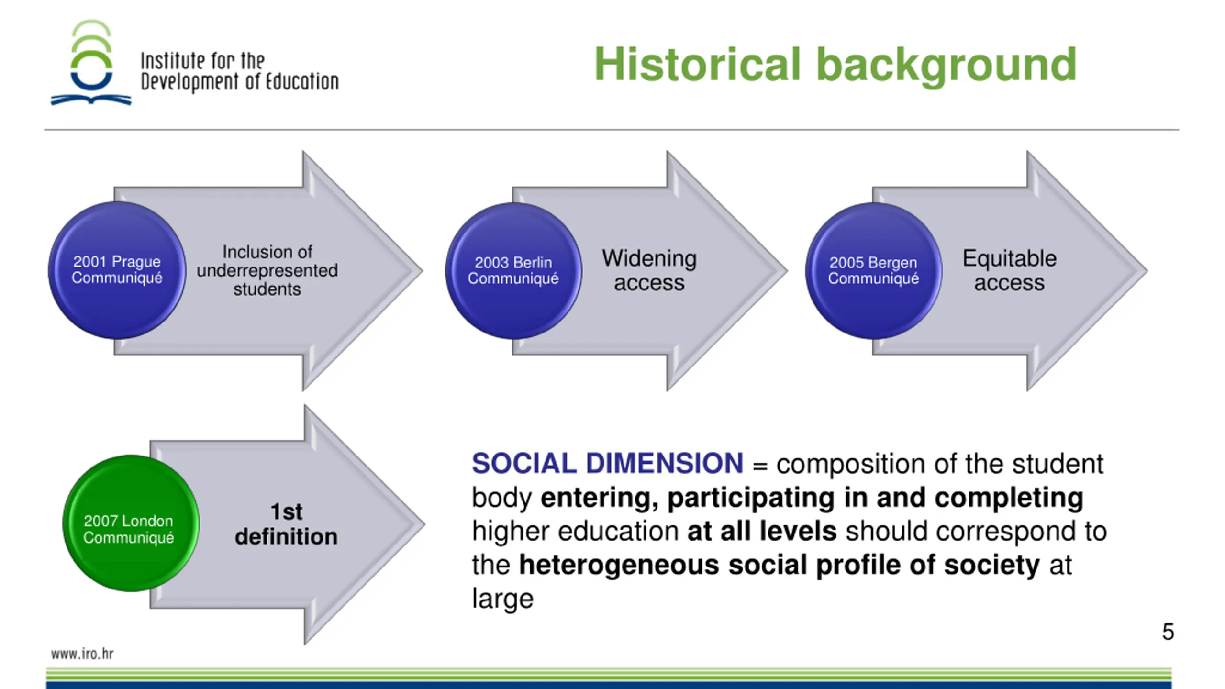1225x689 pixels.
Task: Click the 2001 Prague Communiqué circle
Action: click(117, 270)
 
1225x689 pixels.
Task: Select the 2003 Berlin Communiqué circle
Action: click(513, 271)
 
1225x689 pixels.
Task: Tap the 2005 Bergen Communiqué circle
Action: click(873, 271)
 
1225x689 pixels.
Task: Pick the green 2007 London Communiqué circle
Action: click(130, 523)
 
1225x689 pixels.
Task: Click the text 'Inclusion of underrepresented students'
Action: click(267, 270)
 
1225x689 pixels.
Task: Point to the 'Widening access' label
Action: click(649, 270)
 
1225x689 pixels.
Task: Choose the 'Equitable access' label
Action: click(1009, 270)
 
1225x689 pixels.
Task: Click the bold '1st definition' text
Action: click(286, 524)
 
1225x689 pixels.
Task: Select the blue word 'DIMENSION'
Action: click(664, 464)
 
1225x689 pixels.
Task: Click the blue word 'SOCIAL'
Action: click(524, 464)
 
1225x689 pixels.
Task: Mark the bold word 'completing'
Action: click(1009, 498)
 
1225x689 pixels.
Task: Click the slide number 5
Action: click(1168, 632)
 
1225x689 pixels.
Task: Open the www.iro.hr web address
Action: click(82, 654)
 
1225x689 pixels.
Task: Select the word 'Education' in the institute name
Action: click(302, 82)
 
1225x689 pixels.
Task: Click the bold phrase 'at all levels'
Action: click(762, 532)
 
